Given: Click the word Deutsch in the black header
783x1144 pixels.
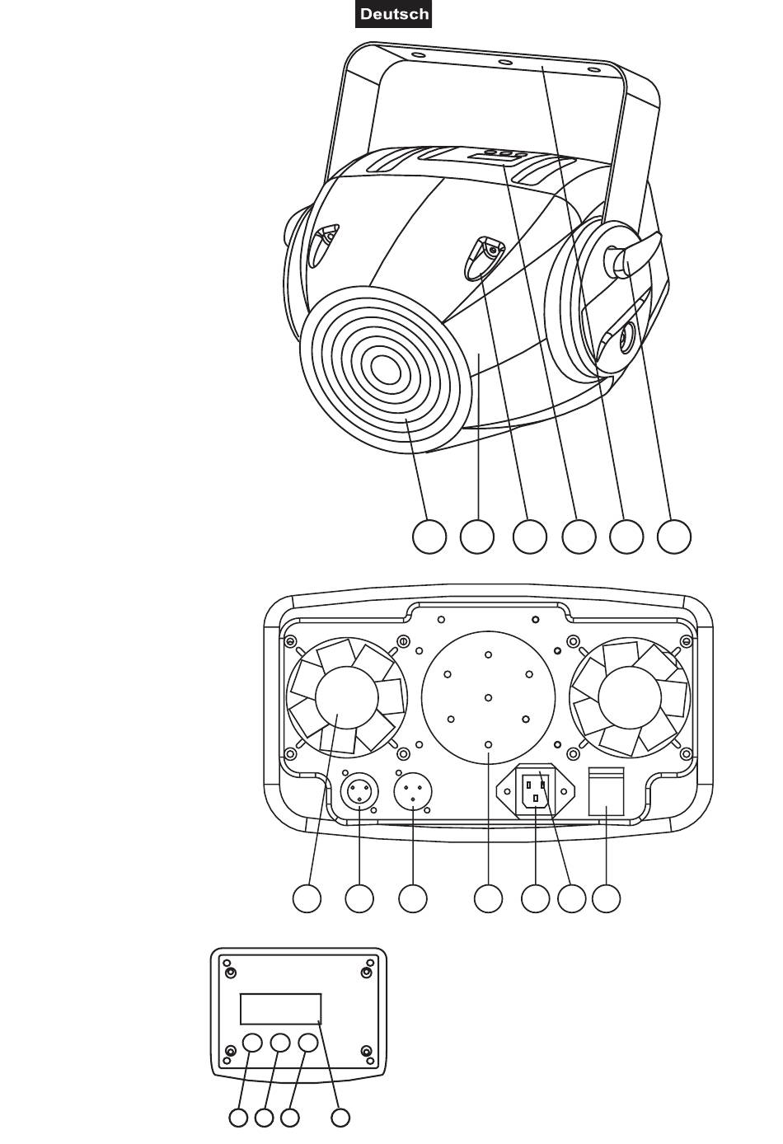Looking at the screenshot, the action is [x=394, y=14].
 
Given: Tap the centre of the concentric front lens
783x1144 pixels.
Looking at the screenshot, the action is [x=386, y=368].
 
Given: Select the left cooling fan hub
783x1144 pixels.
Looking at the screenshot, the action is [x=347, y=697].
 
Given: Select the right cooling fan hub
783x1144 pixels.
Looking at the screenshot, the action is [x=629, y=697].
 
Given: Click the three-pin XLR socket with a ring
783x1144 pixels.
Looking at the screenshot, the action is [x=359, y=792].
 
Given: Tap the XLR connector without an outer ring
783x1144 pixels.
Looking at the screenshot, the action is [x=413, y=792].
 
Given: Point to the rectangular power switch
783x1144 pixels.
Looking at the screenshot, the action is [x=607, y=791].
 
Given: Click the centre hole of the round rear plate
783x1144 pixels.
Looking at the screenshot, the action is [x=488, y=697].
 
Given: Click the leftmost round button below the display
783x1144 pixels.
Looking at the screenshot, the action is [x=252, y=1043].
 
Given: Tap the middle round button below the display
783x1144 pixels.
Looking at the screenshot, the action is [x=280, y=1043].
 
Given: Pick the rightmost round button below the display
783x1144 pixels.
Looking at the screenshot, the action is [x=308, y=1043].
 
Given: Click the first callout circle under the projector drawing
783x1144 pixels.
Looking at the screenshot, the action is [x=429, y=537].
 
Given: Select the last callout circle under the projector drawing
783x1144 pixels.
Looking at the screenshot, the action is [x=673, y=537].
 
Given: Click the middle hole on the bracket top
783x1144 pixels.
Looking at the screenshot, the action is [x=506, y=63].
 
